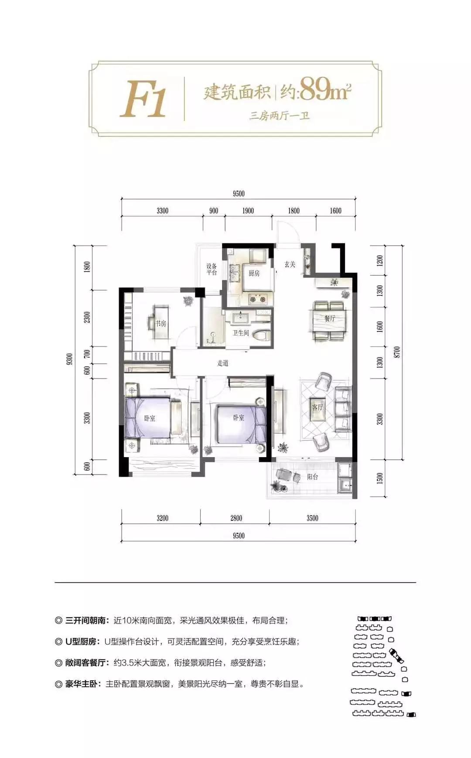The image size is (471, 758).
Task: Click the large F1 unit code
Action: pyautogui.click(x=143, y=99)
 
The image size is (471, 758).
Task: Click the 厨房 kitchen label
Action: pyautogui.click(x=254, y=273)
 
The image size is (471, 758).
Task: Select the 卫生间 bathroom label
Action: pyautogui.click(x=240, y=333)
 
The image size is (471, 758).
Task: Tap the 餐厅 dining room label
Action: pyautogui.click(x=330, y=318)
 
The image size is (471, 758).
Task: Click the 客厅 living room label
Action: pyautogui.click(x=317, y=407)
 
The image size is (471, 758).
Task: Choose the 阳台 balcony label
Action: pyautogui.click(x=312, y=477)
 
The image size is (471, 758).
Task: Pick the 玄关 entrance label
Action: pyautogui.click(x=290, y=264)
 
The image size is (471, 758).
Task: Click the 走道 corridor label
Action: pyautogui.click(x=222, y=363)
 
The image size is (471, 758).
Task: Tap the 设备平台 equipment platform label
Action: pyautogui.click(x=212, y=269)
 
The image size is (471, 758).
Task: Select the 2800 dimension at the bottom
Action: pyautogui.click(x=236, y=518)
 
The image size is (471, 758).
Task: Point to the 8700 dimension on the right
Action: pyautogui.click(x=396, y=352)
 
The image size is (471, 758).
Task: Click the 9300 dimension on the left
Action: pyautogui.click(x=70, y=360)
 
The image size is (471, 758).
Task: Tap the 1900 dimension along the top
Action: pyautogui.click(x=248, y=211)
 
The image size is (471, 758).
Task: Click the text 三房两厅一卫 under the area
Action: pyautogui.click(x=279, y=116)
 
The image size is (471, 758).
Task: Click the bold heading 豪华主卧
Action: pyautogui.click(x=82, y=683)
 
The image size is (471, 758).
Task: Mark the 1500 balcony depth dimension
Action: pyautogui.click(x=379, y=478)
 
